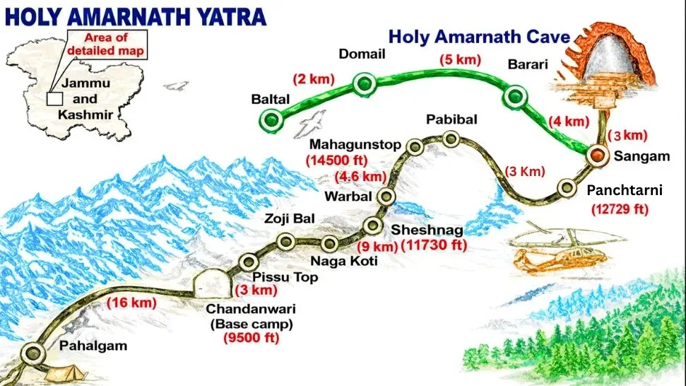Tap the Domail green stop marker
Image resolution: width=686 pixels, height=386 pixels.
(365, 85)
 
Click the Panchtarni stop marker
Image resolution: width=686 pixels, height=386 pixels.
(566, 187)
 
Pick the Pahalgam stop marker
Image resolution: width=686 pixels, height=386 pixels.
(30, 352)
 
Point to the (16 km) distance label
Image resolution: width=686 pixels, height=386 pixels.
(130, 303)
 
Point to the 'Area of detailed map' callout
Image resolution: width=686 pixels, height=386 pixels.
(107, 45)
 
